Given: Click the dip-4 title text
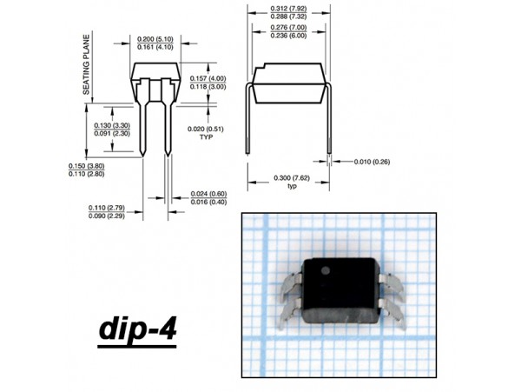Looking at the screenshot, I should tap(137, 329).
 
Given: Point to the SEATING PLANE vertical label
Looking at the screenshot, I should tap(87, 65).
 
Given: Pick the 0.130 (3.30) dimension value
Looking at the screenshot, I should tap(112, 126).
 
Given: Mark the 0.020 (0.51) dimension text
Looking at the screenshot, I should tap(206, 129).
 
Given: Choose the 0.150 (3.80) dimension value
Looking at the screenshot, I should tap(87, 166).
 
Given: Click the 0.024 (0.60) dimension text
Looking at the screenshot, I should tap(209, 193).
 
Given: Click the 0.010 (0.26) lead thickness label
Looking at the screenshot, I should tap(373, 162).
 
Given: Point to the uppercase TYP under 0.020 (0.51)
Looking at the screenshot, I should tap(206, 137).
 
